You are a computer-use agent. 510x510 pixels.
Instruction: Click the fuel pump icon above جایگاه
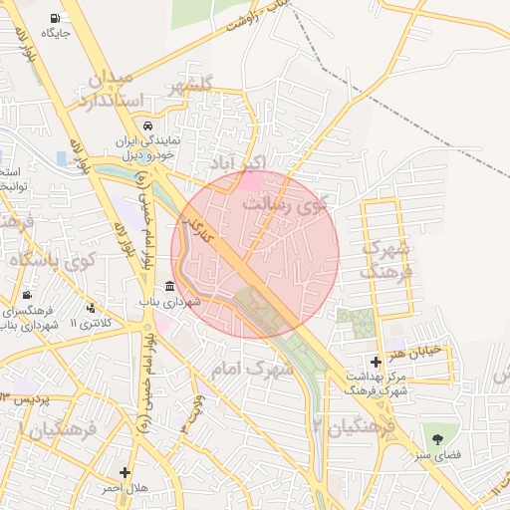(53, 18)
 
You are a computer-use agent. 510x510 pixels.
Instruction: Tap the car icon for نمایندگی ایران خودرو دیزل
(146, 127)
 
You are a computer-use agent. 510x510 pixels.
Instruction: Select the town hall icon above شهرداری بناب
(169, 287)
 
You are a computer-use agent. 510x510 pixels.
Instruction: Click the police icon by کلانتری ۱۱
(92, 308)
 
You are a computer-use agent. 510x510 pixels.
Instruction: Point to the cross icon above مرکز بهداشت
(375, 361)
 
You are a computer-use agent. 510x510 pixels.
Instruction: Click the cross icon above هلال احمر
(125, 472)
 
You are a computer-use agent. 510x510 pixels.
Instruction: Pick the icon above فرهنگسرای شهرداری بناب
(27, 297)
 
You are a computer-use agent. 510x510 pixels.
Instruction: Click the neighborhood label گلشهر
(207, 87)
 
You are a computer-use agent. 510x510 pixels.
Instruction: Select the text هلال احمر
(125, 488)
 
